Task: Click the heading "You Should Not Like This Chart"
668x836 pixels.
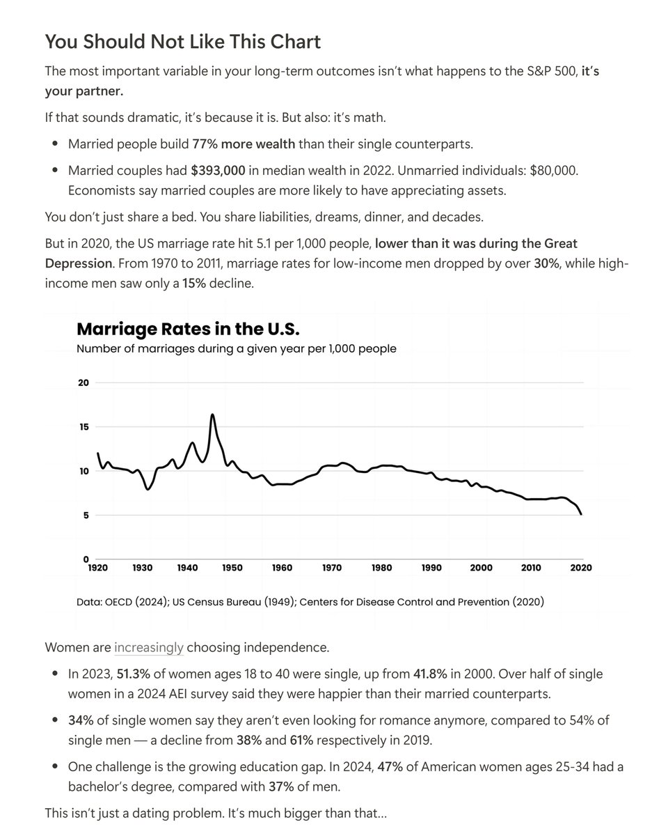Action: click(182, 42)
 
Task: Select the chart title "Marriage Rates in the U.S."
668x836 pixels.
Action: click(188, 329)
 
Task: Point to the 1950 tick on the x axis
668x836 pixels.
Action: click(232, 568)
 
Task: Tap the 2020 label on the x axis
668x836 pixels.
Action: click(581, 568)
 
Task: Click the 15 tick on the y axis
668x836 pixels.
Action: click(83, 427)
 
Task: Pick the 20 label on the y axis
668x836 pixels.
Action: click(83, 382)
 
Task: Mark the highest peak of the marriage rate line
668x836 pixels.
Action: click(212, 415)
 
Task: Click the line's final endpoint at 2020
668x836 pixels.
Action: click(582, 514)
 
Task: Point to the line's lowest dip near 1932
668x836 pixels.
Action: click(148, 489)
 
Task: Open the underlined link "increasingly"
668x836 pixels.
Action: click(149, 647)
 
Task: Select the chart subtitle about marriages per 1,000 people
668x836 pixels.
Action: click(237, 348)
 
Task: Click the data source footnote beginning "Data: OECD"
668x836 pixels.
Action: click(310, 601)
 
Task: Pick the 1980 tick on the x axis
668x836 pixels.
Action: click(382, 568)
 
